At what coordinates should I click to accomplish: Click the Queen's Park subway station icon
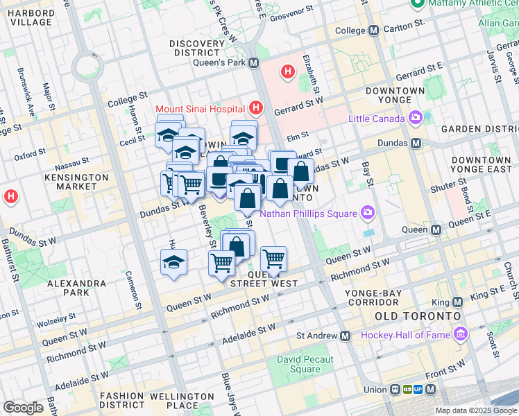[253, 63]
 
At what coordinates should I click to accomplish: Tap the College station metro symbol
[374, 31]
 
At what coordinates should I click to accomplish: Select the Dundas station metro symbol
[416, 144]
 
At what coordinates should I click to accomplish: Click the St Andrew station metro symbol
[346, 336]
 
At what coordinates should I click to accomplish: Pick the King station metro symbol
[457, 302]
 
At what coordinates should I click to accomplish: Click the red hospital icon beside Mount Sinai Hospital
[256, 108]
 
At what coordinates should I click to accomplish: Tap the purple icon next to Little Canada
[416, 118]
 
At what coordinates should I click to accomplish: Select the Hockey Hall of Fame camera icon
[460, 336]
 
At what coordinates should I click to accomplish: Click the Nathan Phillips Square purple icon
[366, 213]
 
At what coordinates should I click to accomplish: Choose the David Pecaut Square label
[305, 364]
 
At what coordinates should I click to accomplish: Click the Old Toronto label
[418, 316]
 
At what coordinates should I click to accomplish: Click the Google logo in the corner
[23, 407]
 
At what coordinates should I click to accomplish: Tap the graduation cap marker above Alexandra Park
[173, 263]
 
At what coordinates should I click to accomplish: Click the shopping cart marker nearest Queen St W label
[274, 259]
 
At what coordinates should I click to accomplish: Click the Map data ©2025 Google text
[476, 410]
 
